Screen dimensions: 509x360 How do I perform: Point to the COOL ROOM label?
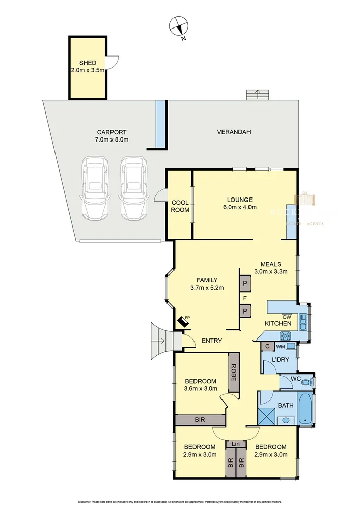point(180,206)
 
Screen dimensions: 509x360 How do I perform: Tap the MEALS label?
point(270,264)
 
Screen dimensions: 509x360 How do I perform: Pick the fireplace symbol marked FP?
point(182,322)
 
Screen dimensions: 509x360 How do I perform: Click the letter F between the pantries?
point(245,298)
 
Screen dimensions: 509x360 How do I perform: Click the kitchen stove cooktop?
point(285,335)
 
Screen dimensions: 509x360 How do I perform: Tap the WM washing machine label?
point(280,347)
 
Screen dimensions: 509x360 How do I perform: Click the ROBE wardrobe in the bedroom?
point(234,373)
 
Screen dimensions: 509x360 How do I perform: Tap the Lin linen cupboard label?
point(236,444)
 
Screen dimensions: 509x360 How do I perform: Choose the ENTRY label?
point(211,341)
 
